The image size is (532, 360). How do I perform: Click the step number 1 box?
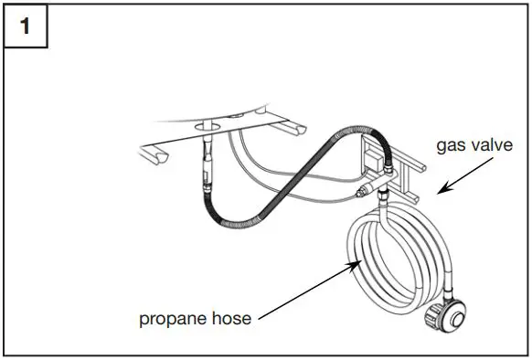[x=26, y=26]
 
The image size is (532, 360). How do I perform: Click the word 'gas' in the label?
[x=449, y=146]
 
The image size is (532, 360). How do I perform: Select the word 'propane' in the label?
[x=172, y=319]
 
